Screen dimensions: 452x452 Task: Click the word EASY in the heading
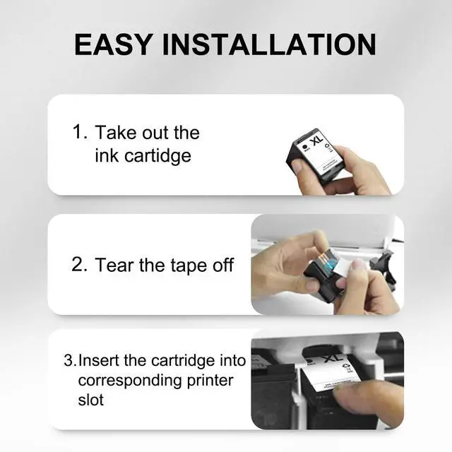point(113,44)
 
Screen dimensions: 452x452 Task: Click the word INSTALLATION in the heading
point(269,44)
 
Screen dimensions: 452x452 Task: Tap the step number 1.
point(78,132)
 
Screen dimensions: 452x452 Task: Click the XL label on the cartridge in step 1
point(316,141)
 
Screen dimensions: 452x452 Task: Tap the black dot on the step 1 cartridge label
point(304,147)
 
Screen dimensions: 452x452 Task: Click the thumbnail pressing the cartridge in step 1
point(297,166)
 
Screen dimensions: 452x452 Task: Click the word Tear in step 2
point(115,266)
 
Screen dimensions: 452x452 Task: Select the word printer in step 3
point(210,381)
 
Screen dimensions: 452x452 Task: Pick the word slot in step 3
point(90,400)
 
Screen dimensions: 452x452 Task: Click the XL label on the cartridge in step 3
point(333,358)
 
